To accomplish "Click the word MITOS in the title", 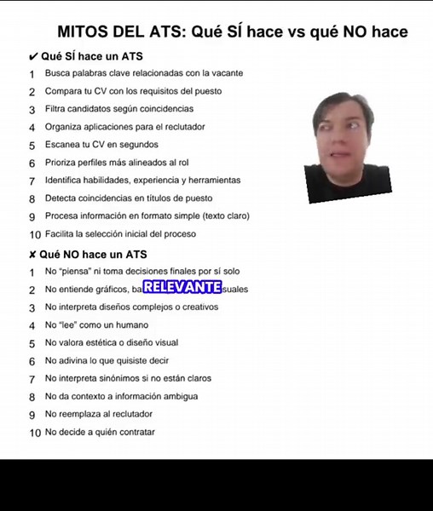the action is point(84,32).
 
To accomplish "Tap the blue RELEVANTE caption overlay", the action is point(182,288).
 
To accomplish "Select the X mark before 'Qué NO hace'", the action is point(32,255).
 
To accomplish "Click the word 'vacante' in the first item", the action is point(226,73).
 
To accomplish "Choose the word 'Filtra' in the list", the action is point(57,109).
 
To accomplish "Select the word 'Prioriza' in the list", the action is point(61,163).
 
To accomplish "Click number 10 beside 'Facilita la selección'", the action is point(34,234).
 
